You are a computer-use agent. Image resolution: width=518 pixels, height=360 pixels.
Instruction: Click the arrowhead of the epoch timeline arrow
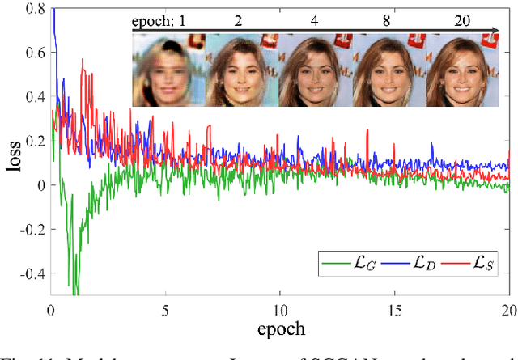495,31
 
